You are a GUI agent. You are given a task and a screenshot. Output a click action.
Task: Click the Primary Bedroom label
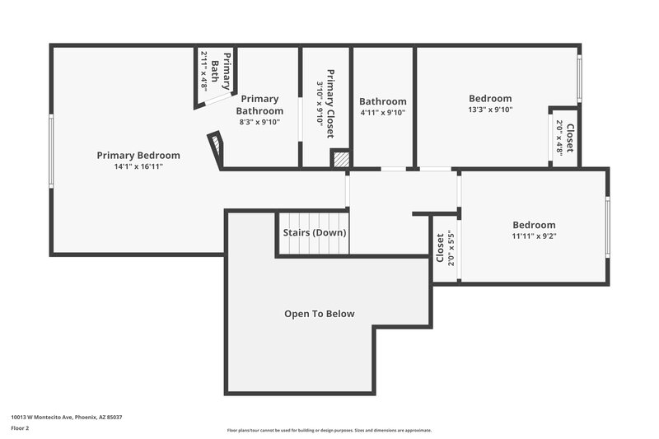(x=138, y=155)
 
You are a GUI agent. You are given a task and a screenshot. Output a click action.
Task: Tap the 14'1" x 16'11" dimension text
(x=138, y=166)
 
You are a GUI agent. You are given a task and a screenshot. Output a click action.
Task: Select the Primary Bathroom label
(x=259, y=105)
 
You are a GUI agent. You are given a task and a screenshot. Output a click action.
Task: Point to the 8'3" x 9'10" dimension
(x=259, y=122)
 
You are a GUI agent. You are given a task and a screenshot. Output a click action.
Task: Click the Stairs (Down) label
(x=315, y=233)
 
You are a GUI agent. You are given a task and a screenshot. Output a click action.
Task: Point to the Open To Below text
(x=319, y=314)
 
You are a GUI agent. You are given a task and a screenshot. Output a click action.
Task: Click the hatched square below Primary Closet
(x=339, y=159)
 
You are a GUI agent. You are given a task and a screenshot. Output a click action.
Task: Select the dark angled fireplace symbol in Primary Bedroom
(x=215, y=147)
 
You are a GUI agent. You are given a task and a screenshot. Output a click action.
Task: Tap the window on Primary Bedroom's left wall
(x=51, y=151)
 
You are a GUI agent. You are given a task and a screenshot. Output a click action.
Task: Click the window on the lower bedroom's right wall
(x=607, y=227)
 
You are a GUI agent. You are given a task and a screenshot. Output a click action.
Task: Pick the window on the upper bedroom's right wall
(x=579, y=79)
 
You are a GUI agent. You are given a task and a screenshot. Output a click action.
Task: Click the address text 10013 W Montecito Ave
(x=66, y=418)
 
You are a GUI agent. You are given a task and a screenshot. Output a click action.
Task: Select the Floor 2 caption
(x=21, y=429)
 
